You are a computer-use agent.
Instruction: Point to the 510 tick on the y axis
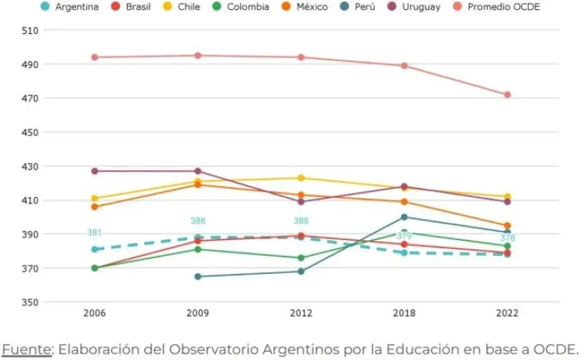(x=30, y=30)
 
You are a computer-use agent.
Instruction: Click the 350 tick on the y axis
(x=30, y=303)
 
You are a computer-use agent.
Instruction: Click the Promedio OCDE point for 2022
(x=507, y=95)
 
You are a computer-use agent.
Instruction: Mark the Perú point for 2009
(x=198, y=276)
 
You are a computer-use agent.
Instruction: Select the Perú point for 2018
(x=404, y=217)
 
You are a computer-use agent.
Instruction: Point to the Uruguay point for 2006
(x=94, y=171)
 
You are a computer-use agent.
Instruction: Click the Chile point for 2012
(x=301, y=178)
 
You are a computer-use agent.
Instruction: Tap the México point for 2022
(x=507, y=226)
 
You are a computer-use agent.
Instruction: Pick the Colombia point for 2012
(x=301, y=258)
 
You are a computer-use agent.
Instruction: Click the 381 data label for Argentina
(x=94, y=233)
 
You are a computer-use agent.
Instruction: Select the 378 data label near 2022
(x=507, y=238)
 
